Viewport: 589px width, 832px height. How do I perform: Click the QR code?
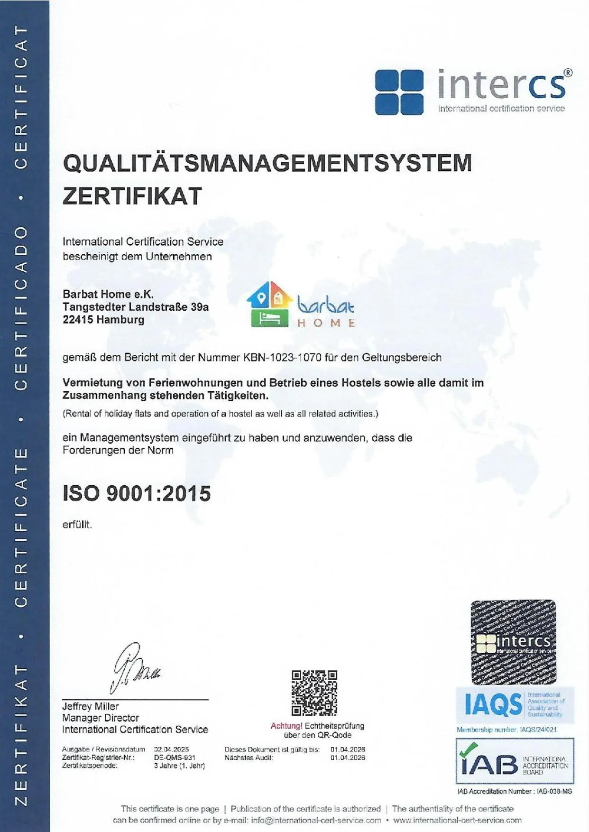click(x=314, y=693)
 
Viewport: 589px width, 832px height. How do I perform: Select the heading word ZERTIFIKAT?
click(x=132, y=196)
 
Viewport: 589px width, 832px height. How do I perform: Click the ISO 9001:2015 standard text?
click(x=137, y=493)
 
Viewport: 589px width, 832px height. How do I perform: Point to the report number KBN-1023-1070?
click(x=282, y=358)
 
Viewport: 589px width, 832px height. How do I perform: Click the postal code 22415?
click(x=77, y=320)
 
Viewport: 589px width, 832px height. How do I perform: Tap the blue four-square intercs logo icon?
click(x=399, y=92)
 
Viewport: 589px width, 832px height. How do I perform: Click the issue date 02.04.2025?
click(x=171, y=749)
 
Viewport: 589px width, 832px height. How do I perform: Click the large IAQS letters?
click(x=493, y=704)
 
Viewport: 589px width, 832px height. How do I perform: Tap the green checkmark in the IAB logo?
click(x=469, y=749)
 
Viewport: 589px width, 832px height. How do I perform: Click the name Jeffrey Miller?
click(x=90, y=706)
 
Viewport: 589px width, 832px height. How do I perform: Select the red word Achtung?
click(x=286, y=726)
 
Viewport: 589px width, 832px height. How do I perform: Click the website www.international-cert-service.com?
click(x=457, y=820)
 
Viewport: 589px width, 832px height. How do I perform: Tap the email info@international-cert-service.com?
click(x=316, y=820)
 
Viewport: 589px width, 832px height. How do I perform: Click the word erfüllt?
click(x=77, y=525)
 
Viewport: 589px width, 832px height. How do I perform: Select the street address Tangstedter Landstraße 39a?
click(x=136, y=307)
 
